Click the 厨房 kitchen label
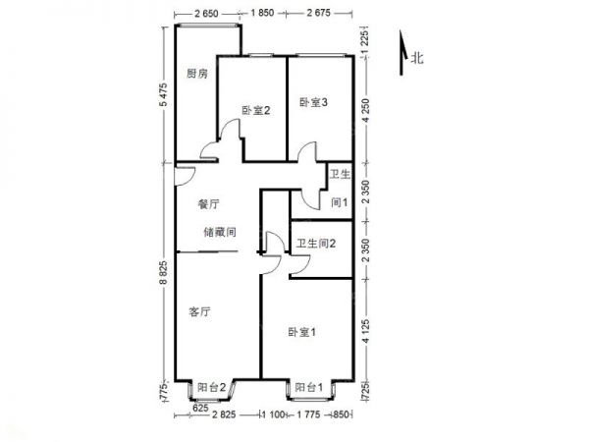click(x=197, y=74)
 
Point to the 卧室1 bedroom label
click(x=302, y=333)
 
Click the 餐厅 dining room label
click(x=207, y=204)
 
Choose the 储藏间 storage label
click(x=218, y=233)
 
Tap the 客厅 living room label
click(x=200, y=312)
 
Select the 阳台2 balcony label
click(x=212, y=389)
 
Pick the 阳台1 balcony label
click(x=309, y=389)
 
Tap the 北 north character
click(x=416, y=59)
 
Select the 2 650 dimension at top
click(x=206, y=12)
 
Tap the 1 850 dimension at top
click(x=262, y=12)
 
